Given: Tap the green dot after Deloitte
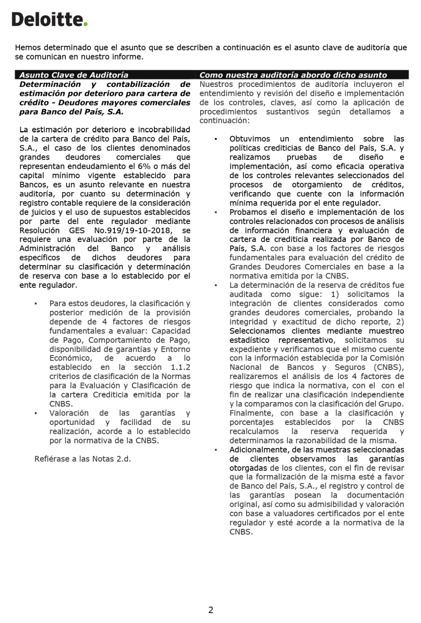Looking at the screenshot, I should click(86, 24).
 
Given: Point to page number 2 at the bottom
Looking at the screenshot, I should click(211, 610).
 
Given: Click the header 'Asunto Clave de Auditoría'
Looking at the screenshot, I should click(74, 75).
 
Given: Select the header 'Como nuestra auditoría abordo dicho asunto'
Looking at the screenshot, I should click(293, 75).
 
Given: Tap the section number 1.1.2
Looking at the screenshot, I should click(181, 367).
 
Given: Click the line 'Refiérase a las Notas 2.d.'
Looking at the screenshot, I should click(83, 459).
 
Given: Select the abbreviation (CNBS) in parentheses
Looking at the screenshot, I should click(388, 367).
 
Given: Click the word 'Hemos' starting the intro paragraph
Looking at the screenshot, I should click(28, 48).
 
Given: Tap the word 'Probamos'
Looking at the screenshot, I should click(246, 212).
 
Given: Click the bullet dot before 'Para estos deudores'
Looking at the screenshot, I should click(36, 304).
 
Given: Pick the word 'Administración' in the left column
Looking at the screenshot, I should click(47, 249).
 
